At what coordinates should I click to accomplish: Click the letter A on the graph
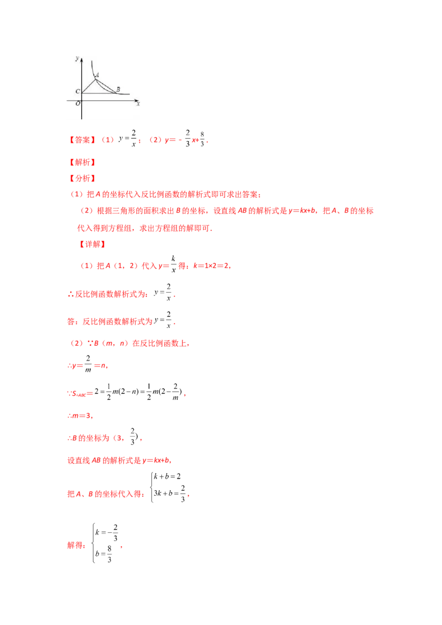pyautogui.click(x=98, y=75)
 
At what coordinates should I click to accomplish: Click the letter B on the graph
pyautogui.click(x=118, y=89)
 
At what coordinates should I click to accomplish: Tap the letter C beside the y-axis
pyautogui.click(x=77, y=91)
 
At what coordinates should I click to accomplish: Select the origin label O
pyautogui.click(x=78, y=103)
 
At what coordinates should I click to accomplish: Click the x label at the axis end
pyautogui.click(x=138, y=103)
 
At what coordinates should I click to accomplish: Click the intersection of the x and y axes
pyautogui.click(x=82, y=100)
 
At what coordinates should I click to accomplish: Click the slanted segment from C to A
pyautogui.click(x=88, y=86)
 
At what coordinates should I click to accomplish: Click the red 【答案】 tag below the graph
pyautogui.click(x=82, y=140)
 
